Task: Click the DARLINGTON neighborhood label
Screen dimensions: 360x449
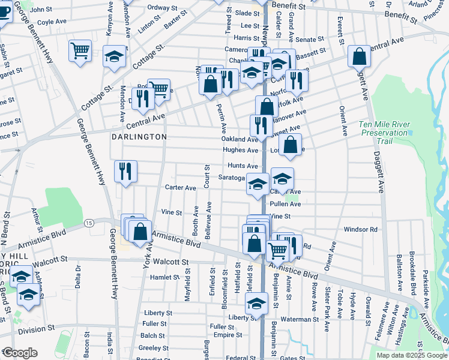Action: point(139,137)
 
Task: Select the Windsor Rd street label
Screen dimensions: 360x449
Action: point(360,229)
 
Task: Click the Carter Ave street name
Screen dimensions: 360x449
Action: point(181,188)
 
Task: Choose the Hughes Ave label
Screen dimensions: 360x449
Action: point(240,150)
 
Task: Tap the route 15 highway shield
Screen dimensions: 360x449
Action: point(89,223)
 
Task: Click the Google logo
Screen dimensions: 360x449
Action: point(20,352)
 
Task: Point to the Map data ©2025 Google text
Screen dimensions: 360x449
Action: point(412,355)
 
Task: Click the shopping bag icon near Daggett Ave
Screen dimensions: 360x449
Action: point(359,56)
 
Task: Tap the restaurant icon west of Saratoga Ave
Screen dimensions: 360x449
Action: point(125,172)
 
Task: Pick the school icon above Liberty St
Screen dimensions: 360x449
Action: point(256,303)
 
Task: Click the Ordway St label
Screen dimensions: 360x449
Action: point(161,7)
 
